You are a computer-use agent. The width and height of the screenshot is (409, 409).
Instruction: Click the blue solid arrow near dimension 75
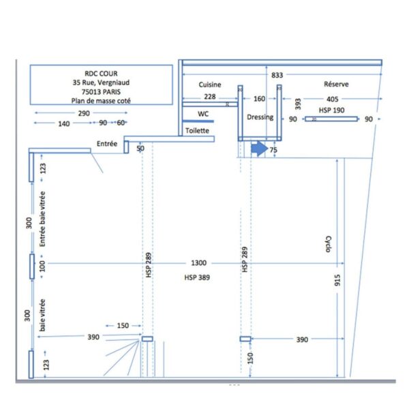tap(259, 149)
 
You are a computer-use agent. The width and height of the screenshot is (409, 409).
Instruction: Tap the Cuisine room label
tap(210, 85)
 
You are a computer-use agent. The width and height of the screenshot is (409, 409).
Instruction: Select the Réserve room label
tap(336, 84)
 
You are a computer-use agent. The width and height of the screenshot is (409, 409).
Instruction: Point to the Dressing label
tap(260, 117)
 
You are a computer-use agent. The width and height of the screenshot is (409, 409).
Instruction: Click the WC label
tap(203, 114)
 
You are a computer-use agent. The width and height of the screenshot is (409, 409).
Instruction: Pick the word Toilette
tap(197, 130)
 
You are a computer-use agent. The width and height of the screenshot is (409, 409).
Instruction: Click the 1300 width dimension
tap(199, 262)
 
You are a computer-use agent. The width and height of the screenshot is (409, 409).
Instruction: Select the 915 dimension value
tap(337, 280)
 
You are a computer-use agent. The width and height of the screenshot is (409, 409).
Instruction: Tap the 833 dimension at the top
tap(277, 75)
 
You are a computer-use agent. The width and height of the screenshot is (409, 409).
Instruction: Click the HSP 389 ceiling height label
tap(197, 277)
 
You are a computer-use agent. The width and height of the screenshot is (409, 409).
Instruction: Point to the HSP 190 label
tap(331, 110)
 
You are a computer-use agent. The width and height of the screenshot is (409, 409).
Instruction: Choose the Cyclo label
tap(329, 244)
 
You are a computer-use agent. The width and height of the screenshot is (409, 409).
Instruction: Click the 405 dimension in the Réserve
tap(333, 99)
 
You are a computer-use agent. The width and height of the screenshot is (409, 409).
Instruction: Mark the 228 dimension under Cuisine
tap(210, 97)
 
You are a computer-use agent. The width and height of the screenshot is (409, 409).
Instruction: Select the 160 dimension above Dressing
tap(259, 99)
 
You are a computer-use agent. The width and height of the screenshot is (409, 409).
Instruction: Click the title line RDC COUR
tap(101, 74)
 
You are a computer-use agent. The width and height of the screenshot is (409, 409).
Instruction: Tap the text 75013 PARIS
tap(101, 92)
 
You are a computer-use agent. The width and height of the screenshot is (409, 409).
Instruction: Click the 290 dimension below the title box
tap(84, 113)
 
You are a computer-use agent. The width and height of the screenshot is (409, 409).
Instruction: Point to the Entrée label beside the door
tap(107, 143)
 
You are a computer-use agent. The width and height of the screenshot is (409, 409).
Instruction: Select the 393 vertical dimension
tap(298, 104)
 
